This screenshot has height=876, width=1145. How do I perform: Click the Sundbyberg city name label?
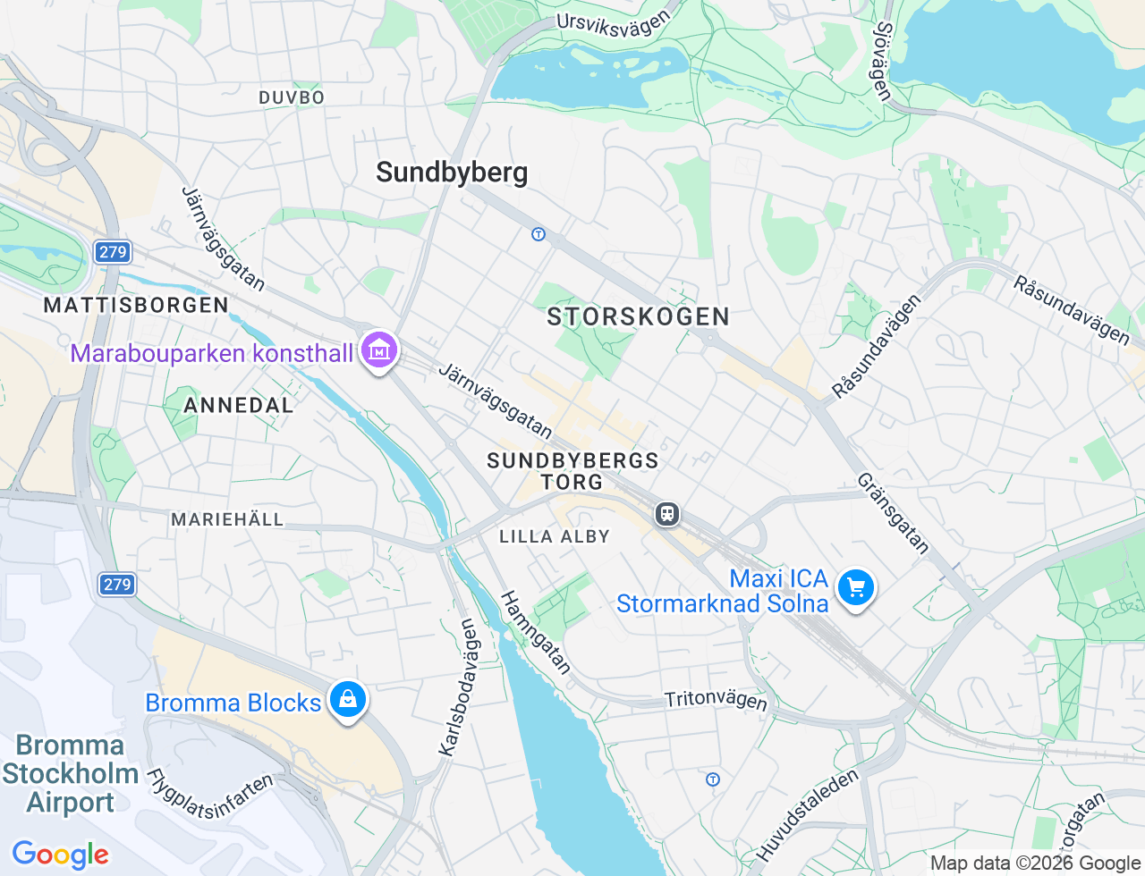(x=452, y=173)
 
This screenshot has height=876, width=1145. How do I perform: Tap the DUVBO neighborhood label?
(x=292, y=97)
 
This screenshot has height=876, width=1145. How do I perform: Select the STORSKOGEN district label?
(x=638, y=316)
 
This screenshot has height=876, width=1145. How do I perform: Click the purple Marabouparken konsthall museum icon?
(x=379, y=351)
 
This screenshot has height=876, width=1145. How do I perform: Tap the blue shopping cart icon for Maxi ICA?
(x=856, y=588)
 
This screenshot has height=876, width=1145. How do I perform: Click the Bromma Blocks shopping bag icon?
(x=347, y=699)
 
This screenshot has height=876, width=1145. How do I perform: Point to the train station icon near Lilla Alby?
(x=666, y=514)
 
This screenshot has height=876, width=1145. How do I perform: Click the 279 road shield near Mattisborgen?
(x=113, y=252)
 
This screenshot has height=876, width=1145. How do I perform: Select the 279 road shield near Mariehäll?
(x=116, y=585)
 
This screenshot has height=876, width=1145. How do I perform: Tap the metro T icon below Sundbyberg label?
(x=538, y=234)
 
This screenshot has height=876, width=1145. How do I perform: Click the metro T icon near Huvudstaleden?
(x=713, y=779)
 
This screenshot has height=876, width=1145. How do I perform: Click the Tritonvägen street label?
(x=716, y=699)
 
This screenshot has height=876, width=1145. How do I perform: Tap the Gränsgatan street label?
(x=893, y=513)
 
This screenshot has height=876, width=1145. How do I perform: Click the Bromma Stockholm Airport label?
(x=70, y=773)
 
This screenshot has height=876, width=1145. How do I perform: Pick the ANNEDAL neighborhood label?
(x=238, y=405)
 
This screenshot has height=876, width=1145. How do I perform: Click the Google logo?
(x=60, y=855)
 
